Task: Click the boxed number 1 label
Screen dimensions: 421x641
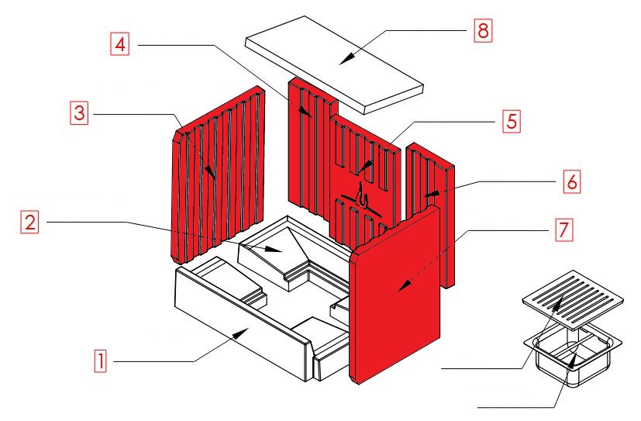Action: pos(99,361)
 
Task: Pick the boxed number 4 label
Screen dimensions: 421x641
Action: pos(119,44)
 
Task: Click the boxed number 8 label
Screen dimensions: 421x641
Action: pos(482,32)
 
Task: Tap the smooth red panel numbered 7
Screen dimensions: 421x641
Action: pos(399,295)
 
